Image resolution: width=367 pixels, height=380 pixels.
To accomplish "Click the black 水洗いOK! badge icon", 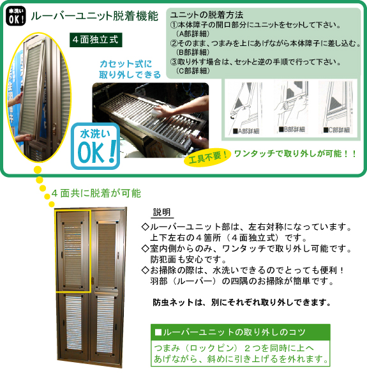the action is (x=15, y=16).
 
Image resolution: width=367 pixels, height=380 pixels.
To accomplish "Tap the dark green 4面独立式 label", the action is (x=96, y=40).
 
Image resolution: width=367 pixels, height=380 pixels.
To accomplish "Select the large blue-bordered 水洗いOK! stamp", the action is (x=96, y=146).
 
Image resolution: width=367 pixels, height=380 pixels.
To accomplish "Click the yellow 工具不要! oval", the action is (x=207, y=157).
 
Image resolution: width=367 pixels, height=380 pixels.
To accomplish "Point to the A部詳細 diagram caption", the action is (x=246, y=131).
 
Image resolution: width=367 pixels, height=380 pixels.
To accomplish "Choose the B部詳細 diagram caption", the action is (x=292, y=130).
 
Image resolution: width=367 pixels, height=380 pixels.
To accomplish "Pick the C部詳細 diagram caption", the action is (x=337, y=130).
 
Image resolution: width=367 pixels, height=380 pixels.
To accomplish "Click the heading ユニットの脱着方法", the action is (x=207, y=15).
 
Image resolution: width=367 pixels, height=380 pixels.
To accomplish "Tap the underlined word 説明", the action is (x=162, y=212).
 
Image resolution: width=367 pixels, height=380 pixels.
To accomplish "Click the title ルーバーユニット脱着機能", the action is (x=94, y=16).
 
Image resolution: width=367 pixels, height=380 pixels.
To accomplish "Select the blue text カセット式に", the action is (x=126, y=64).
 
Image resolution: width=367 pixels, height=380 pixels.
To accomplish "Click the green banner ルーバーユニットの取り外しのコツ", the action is (x=241, y=332).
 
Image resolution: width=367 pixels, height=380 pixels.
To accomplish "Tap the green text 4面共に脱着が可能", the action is (x=96, y=194).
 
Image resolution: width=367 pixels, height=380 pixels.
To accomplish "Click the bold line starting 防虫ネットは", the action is (x=242, y=303).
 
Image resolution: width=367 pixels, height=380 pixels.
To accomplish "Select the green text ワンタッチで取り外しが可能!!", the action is (x=296, y=154).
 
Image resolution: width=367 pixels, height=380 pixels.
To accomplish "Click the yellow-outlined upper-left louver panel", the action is (x=73, y=251).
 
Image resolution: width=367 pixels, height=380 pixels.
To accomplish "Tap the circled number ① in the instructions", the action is (x=174, y=25).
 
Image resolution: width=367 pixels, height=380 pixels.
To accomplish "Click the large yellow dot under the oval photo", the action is (x=38, y=170).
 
